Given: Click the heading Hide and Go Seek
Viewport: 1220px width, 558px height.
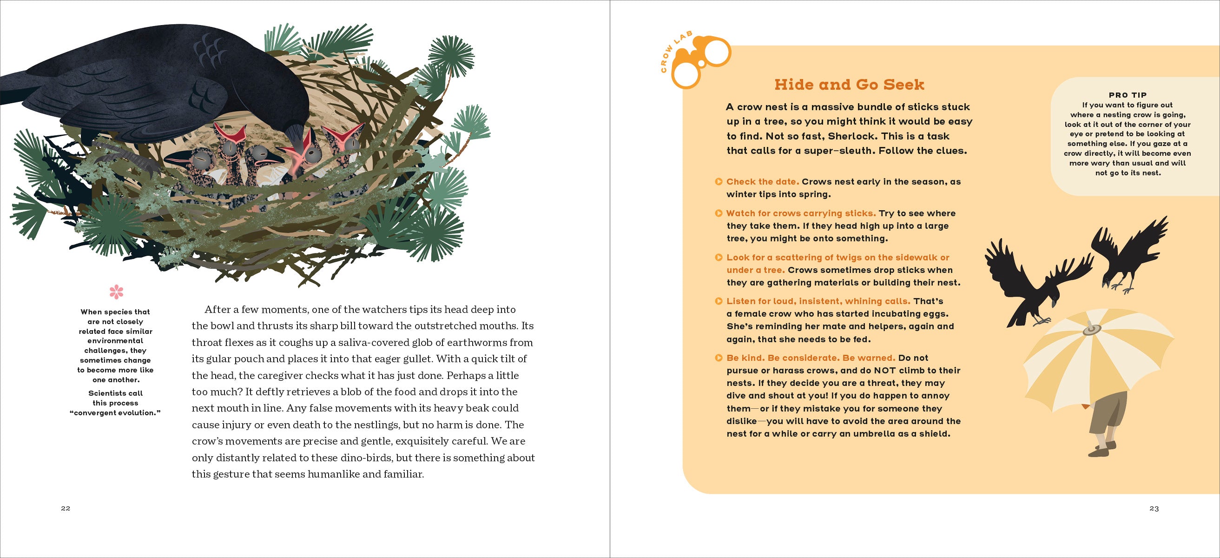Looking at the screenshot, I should click(x=849, y=85).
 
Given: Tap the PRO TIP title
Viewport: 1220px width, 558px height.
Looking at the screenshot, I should click(x=1128, y=95).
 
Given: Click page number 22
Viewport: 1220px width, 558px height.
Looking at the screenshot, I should click(x=66, y=508).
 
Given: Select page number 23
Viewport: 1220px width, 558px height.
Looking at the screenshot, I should click(x=1154, y=508).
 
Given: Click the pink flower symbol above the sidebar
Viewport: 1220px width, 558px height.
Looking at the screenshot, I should click(x=116, y=292).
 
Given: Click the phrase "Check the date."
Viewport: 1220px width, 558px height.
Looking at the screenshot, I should click(x=763, y=182).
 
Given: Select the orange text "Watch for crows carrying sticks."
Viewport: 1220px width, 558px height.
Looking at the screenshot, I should click(x=801, y=213).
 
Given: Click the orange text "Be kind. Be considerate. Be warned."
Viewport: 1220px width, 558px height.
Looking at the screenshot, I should click(x=811, y=358).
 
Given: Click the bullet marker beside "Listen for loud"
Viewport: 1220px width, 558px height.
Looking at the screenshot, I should click(x=719, y=301).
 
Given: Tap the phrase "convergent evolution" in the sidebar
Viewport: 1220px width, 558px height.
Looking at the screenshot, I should click(x=115, y=413).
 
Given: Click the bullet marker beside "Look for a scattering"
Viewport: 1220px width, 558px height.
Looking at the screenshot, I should click(x=719, y=258).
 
